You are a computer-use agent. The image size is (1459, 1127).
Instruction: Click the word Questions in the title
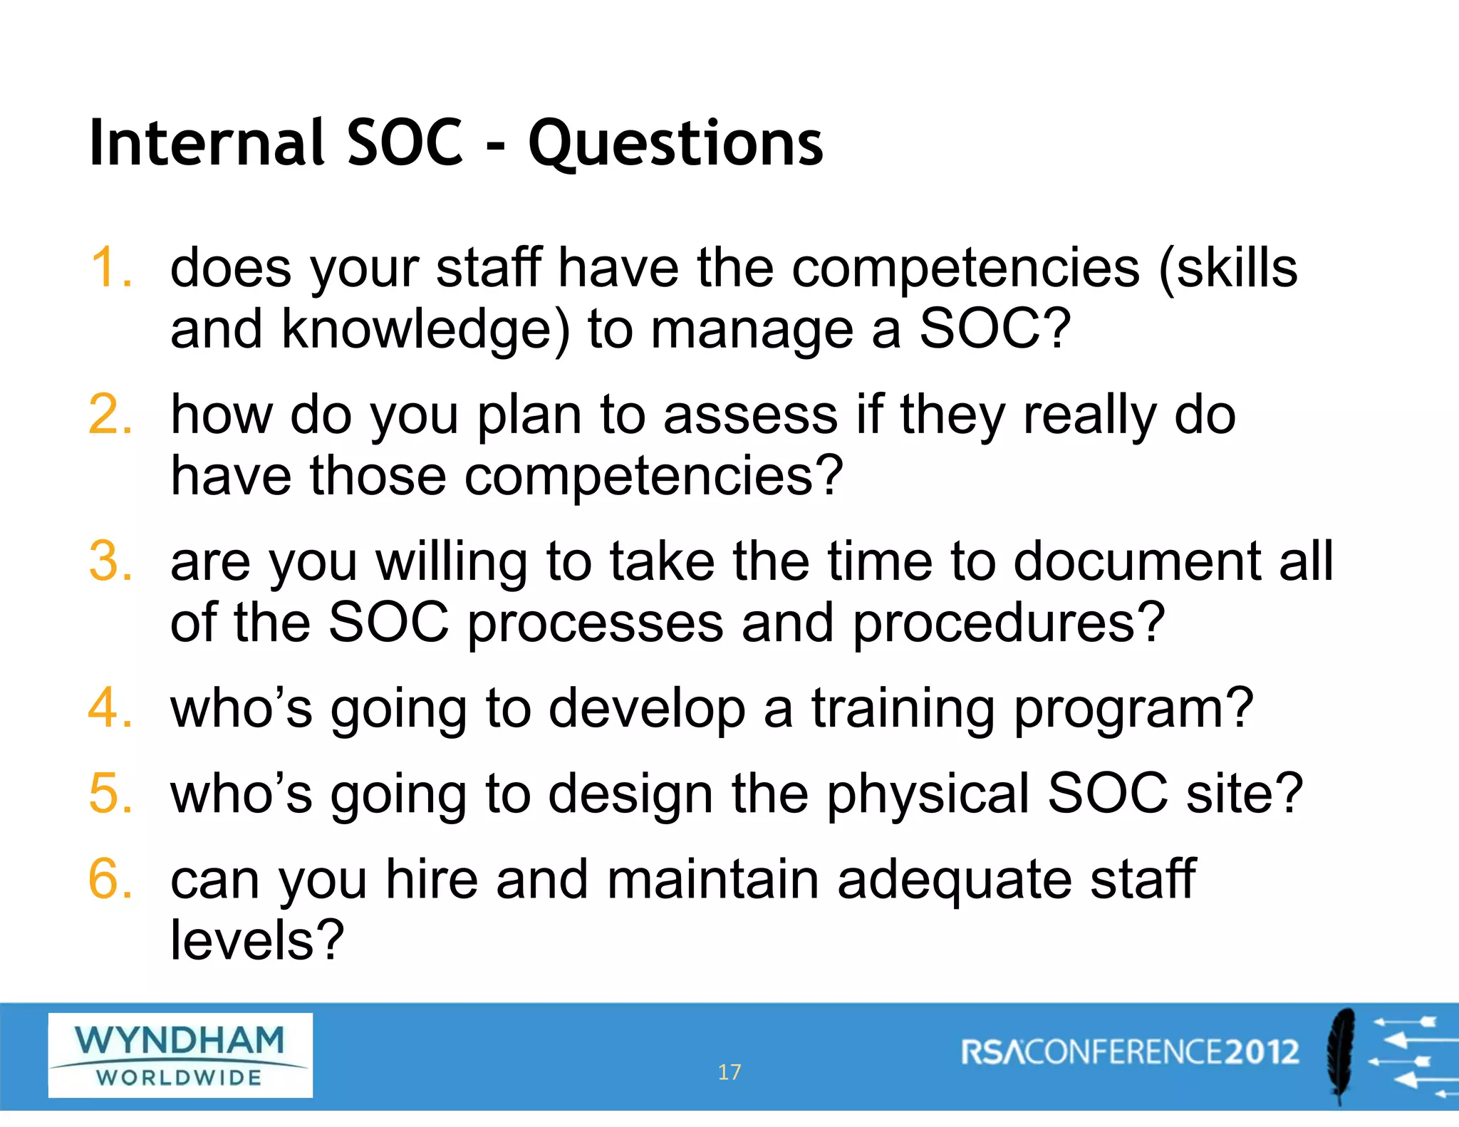point(675,145)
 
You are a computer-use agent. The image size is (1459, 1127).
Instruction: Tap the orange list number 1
point(111,268)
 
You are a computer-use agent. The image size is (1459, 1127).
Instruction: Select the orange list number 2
point(111,414)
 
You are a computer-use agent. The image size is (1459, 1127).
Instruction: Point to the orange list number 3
point(111,561)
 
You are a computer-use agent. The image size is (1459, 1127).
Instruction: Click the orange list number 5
point(111,793)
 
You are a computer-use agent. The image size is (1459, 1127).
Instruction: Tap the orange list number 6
point(111,878)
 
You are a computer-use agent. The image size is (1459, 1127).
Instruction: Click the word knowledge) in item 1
point(426,330)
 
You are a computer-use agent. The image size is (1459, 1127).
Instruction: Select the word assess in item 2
point(751,415)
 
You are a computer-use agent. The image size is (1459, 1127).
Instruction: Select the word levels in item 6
point(242,940)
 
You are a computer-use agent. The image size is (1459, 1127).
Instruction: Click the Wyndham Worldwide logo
point(180,1055)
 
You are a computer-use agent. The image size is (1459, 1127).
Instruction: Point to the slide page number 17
point(729,1072)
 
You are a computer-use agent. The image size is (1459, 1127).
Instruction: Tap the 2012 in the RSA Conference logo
point(1262,1052)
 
